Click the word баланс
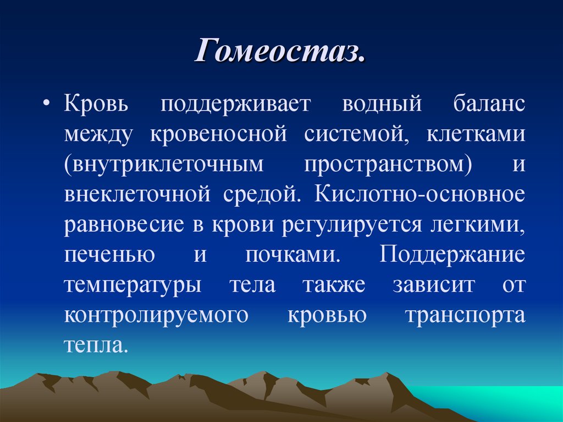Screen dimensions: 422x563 pyautogui.click(x=489, y=105)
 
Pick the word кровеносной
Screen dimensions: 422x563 pyautogui.click(x=219, y=134)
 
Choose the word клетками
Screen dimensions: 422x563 pyautogui.click(x=476, y=134)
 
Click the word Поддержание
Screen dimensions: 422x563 pyautogui.click(x=452, y=255)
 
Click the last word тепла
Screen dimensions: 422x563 pyautogui.click(x=96, y=346)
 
